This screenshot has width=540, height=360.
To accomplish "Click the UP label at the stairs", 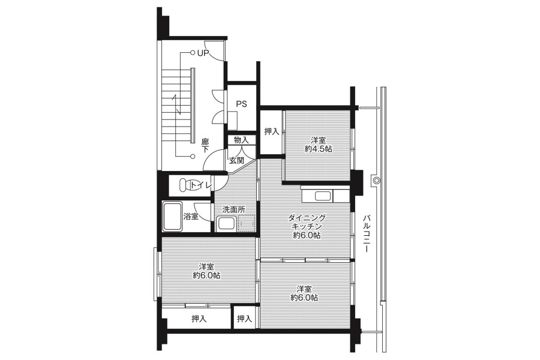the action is pos(203,53).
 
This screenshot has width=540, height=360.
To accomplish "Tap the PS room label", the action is pos(241,104).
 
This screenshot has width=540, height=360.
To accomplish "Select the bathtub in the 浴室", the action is pos(172,217).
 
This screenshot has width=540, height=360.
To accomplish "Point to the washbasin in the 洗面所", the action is pos(227,224).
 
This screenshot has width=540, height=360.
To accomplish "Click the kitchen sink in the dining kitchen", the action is pos(323,196).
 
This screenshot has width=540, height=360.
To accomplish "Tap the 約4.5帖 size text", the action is pos(318,149).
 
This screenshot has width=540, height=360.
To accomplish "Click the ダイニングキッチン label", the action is pos(307,222).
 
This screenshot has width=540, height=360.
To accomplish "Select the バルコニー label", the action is pos(367,233).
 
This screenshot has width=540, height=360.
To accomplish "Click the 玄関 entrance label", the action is pos(236,160).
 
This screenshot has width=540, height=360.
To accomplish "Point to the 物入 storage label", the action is pos(241,140).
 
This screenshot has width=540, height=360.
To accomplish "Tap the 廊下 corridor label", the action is pos(205,145).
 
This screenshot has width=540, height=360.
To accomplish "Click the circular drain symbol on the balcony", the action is pos(376,180).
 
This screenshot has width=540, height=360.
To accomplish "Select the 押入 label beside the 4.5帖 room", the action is pos(271,131).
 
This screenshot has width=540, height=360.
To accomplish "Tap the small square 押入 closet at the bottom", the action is pos(245,319).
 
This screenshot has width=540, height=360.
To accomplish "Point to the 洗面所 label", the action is pos(234,209).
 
